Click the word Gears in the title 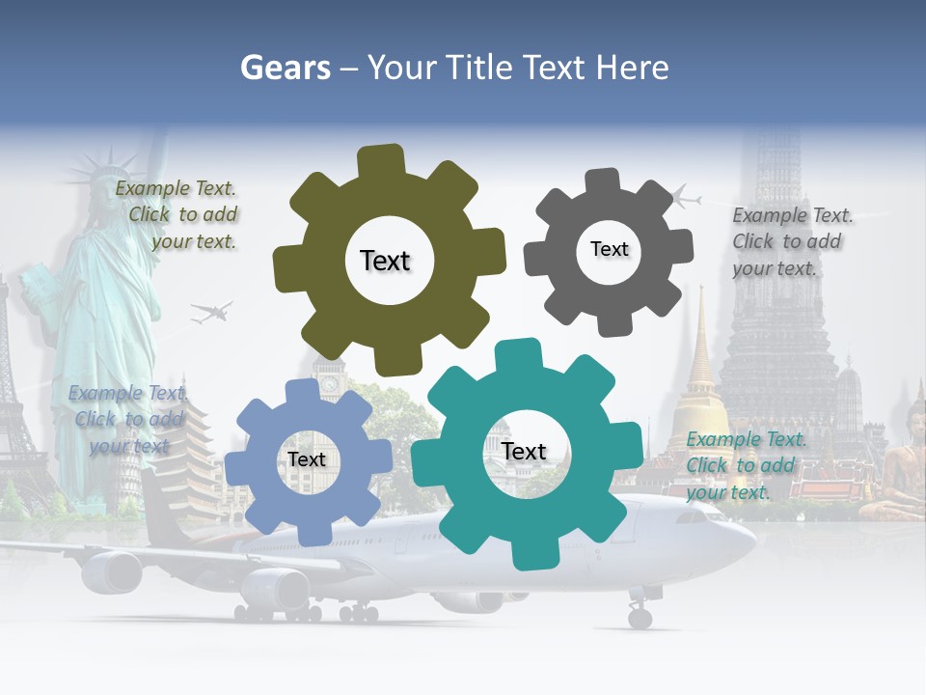tap(285, 68)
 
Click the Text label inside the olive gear tap(385, 261)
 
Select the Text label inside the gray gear tap(609, 249)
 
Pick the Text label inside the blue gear tap(307, 459)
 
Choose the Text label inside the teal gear tap(524, 451)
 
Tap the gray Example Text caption tap(791, 241)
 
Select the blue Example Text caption tap(128, 419)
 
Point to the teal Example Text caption tap(745, 465)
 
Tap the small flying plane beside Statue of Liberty tap(211, 312)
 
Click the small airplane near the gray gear tap(684, 198)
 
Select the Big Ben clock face tap(329, 383)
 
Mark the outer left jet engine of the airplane tap(112, 571)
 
